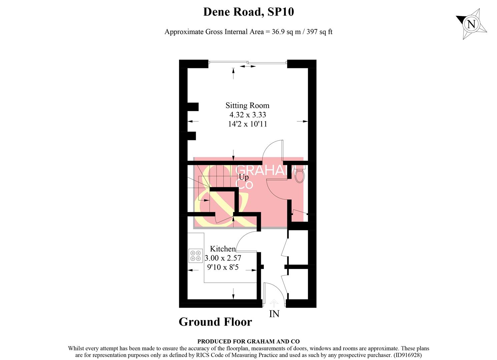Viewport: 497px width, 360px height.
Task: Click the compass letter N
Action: pyautogui.click(x=471, y=24)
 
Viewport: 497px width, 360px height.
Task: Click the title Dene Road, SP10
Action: pyautogui.click(x=248, y=12)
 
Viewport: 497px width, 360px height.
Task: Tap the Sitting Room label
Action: pyautogui.click(x=247, y=106)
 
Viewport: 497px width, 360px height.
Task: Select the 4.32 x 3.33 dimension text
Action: pyautogui.click(x=247, y=115)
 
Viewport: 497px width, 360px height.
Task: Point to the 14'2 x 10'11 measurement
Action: pyautogui.click(x=247, y=124)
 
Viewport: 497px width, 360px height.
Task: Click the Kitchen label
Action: pyautogui.click(x=222, y=249)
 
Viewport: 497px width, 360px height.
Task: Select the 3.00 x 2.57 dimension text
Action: pyautogui.click(x=222, y=258)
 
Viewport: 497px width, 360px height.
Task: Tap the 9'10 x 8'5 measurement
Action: pyautogui.click(x=222, y=267)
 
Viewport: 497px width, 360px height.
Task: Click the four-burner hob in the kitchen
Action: pyautogui.click(x=195, y=256)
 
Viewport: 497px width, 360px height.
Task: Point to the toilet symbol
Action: pyautogui.click(x=299, y=175)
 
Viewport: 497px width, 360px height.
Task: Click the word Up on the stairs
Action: pyautogui.click(x=243, y=177)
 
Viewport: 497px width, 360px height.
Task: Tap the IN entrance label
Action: pyautogui.click(x=274, y=314)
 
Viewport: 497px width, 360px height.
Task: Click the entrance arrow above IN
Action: pyautogui.click(x=274, y=303)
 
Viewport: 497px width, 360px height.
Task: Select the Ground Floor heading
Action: pyautogui.click(x=215, y=322)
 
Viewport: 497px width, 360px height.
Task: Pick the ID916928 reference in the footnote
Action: pyautogui.click(x=407, y=355)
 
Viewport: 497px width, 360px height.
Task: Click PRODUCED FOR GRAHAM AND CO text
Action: pyautogui.click(x=248, y=341)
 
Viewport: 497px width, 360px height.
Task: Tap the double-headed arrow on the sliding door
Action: pyautogui.click(x=247, y=67)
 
